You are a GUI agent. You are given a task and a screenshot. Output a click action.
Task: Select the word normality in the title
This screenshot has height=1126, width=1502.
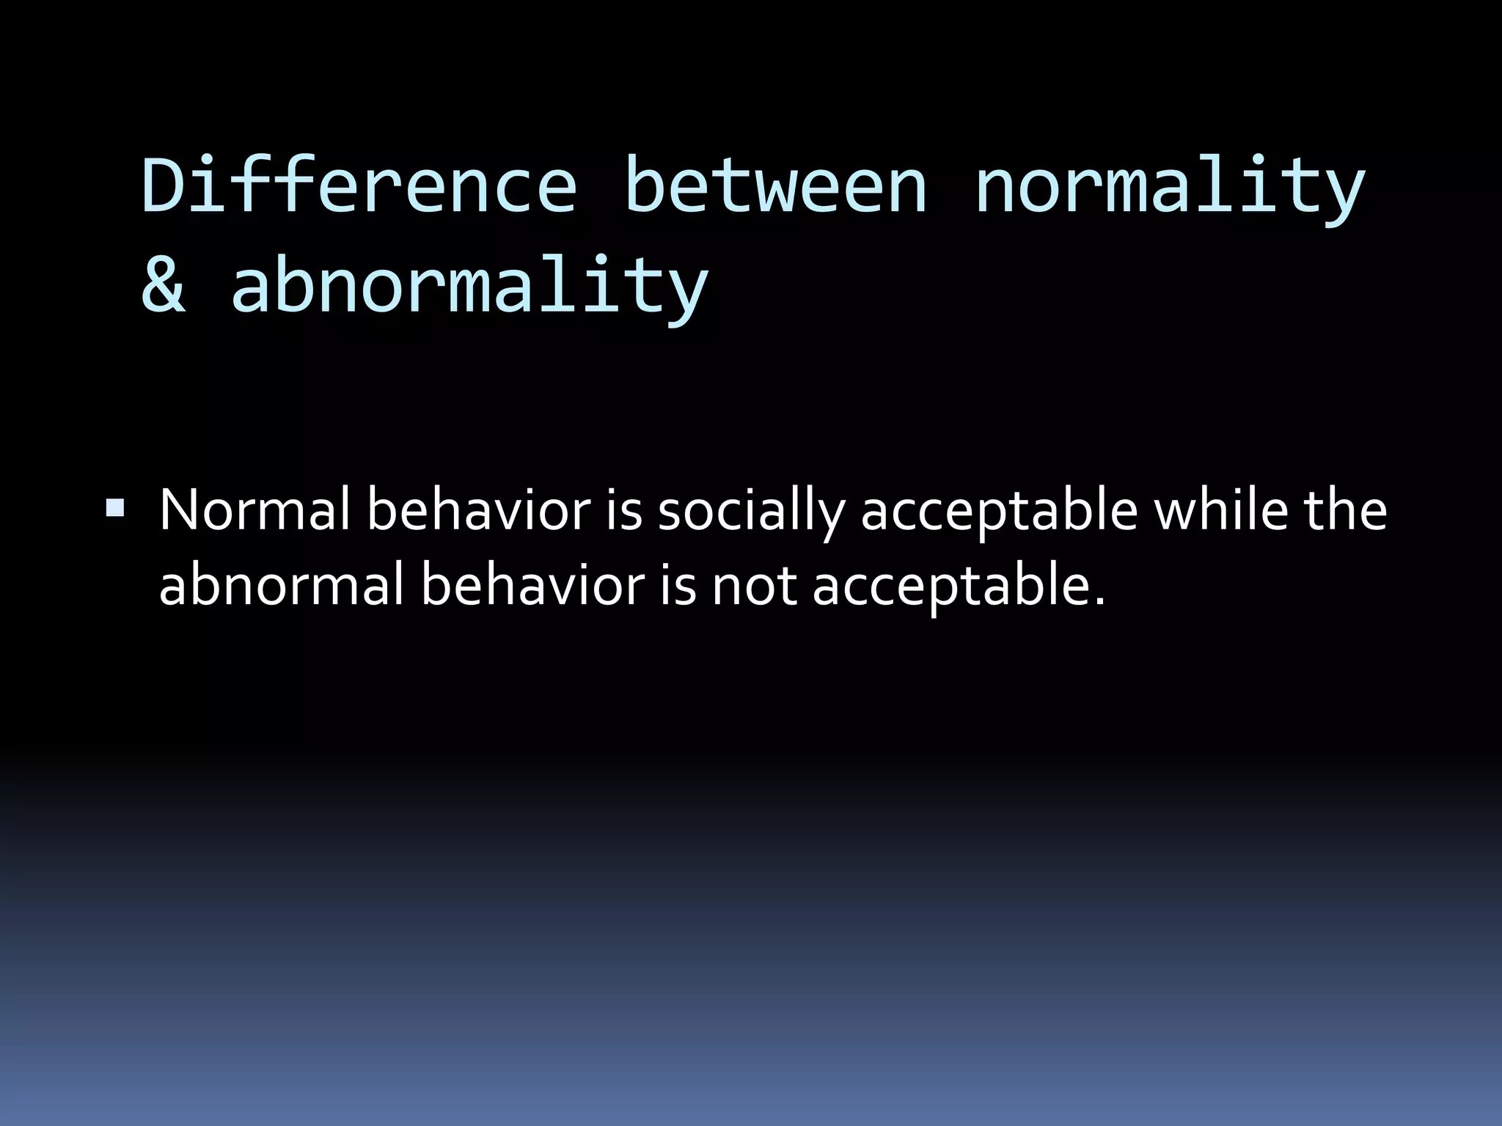(x=1169, y=187)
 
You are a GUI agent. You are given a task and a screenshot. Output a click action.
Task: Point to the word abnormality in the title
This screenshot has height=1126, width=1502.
(x=469, y=286)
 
